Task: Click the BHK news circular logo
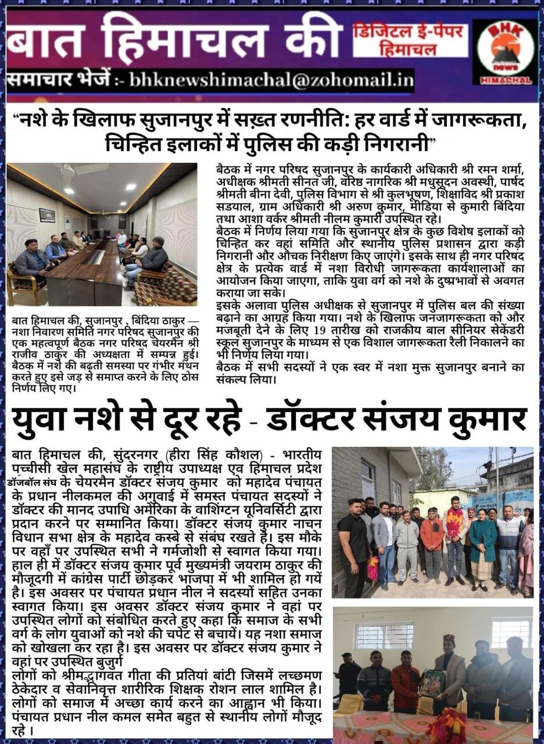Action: (504, 51)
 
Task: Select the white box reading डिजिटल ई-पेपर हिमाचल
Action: (410, 40)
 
